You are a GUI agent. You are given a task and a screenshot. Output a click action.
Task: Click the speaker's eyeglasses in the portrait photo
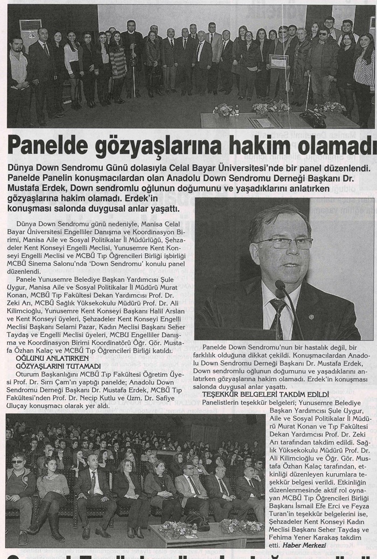click(x=284, y=243)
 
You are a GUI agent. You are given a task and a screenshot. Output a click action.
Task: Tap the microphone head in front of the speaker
click(x=281, y=286)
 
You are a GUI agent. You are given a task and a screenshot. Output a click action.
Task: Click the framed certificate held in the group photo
click(x=278, y=61)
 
